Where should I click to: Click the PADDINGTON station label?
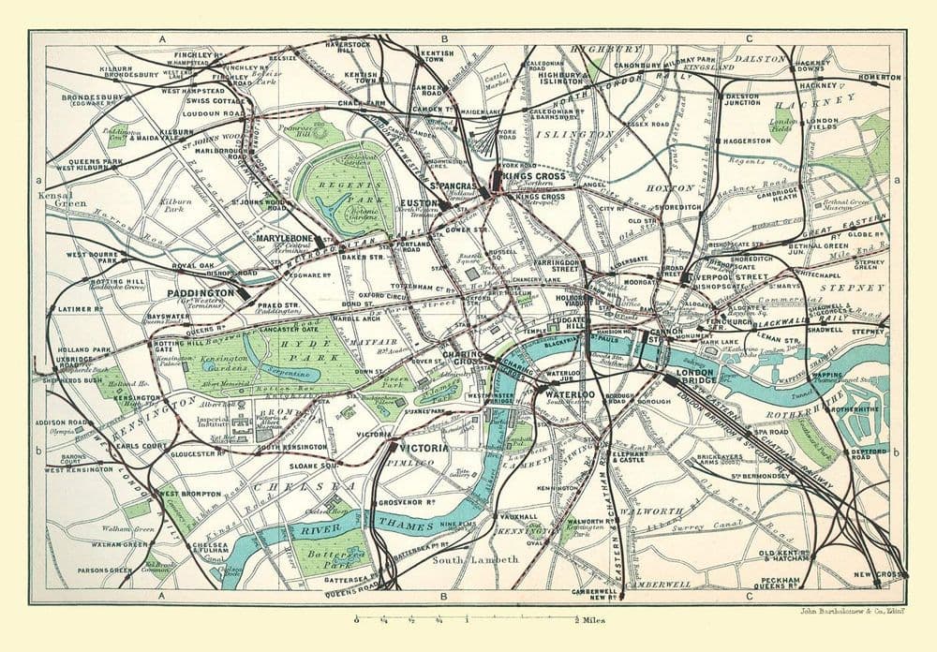click(x=200, y=292)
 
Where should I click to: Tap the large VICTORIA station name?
click(x=424, y=448)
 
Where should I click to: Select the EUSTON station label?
click(x=421, y=202)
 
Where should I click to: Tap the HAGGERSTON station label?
click(x=747, y=141)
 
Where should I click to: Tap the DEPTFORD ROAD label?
click(x=868, y=454)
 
